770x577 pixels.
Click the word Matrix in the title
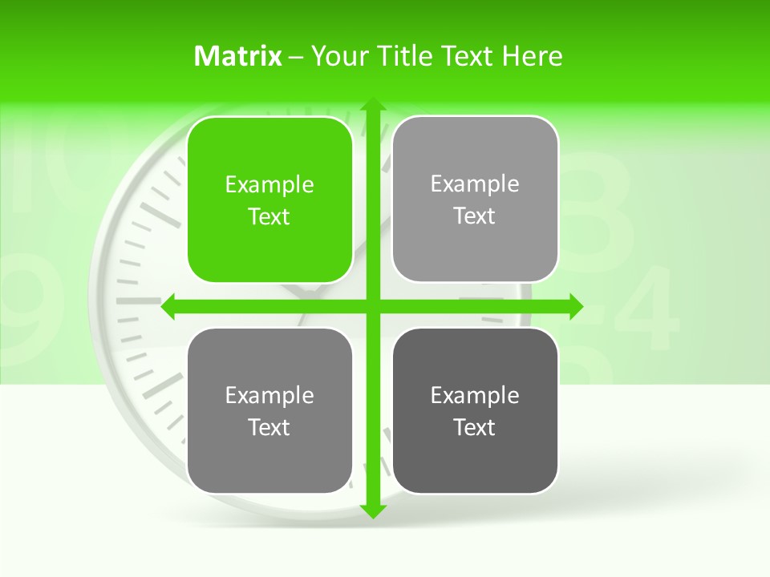[238, 56]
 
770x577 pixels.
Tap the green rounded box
[269, 200]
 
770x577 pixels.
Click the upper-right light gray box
[475, 199]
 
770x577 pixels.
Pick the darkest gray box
[475, 410]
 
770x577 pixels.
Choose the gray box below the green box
[269, 410]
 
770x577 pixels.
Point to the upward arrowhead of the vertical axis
[372, 105]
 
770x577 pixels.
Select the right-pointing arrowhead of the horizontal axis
[575, 306]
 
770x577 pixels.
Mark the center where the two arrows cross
[372, 306]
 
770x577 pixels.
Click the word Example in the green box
[269, 184]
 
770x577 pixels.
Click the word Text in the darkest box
[475, 427]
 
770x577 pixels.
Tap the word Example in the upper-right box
[475, 184]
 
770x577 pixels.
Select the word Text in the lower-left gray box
[269, 427]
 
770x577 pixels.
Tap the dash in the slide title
[296, 57]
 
